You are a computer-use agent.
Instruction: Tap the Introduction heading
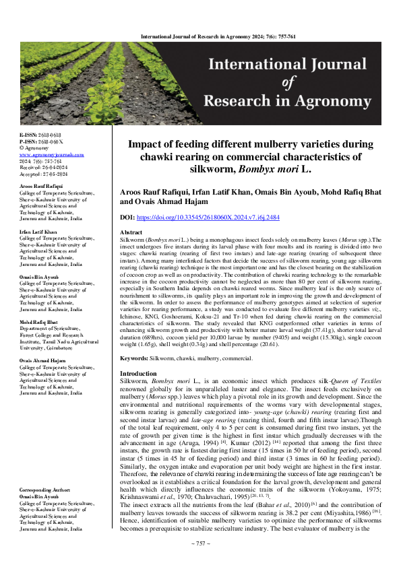click(x=138, y=373)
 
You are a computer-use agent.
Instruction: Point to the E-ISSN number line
click(x=40, y=135)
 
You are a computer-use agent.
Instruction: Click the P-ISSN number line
click(x=40, y=141)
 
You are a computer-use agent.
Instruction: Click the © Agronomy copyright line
click(x=36, y=148)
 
